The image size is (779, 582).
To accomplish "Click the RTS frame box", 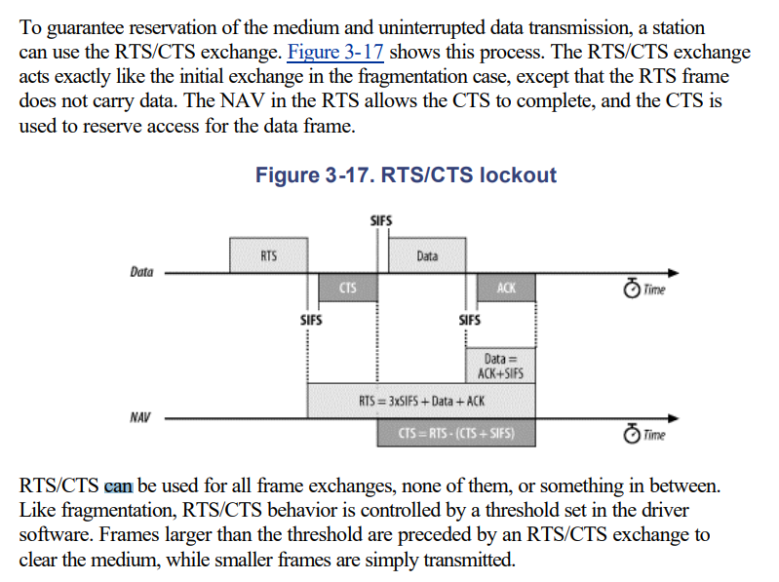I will click(268, 255).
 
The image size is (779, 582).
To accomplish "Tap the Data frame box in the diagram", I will click(427, 255).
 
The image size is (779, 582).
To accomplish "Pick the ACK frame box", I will click(505, 288).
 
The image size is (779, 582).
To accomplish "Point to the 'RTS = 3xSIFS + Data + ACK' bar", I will click(421, 400).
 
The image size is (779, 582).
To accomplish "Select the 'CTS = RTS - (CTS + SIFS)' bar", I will click(456, 433).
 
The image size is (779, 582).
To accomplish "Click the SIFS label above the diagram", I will click(382, 221).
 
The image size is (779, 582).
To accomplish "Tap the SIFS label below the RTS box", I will click(311, 319).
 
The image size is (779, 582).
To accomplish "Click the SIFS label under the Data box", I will click(469, 319).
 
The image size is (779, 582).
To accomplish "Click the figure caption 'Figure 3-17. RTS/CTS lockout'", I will click(406, 175).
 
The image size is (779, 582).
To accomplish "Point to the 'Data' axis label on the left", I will click(141, 272).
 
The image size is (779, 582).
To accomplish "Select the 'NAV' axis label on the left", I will click(140, 417).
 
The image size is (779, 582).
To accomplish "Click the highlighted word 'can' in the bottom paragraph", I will click(117, 485).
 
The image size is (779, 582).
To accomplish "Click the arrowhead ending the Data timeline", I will click(674, 273).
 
